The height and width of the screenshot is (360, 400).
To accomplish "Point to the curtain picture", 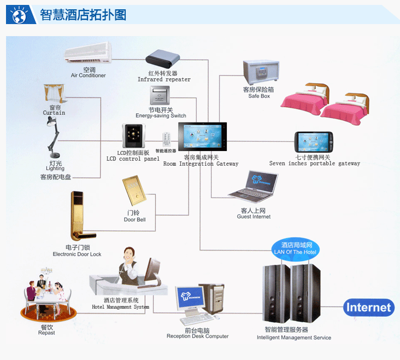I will [x=54, y=94].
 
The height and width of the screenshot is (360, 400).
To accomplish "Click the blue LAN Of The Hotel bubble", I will [x=295, y=248].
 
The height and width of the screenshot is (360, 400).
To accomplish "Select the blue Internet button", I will [x=369, y=307].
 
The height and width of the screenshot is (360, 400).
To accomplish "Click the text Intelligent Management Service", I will [x=294, y=338].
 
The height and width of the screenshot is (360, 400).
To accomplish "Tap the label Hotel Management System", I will [x=120, y=307].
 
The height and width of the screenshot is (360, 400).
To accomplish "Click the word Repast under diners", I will [x=46, y=333].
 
